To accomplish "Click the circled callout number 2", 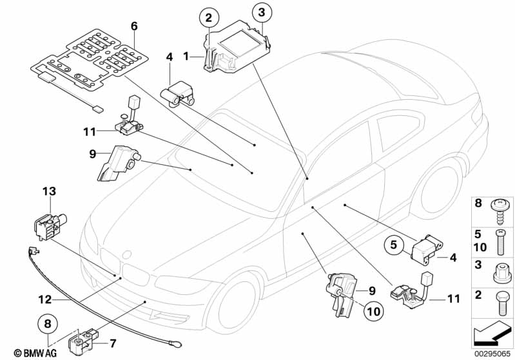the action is [209, 18].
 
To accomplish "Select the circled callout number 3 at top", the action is [262, 13].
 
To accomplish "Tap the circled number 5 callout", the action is [393, 245].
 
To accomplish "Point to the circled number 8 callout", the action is [48, 324].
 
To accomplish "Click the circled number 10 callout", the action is [374, 311].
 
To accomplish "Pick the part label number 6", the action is [134, 26].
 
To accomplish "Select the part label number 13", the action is [49, 191].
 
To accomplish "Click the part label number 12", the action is [45, 299].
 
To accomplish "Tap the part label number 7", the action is [113, 344].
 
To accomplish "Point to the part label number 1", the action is [186, 57].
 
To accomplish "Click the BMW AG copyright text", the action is [35, 353].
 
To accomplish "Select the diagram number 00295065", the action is [492, 354].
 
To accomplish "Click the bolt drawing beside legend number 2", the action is [501, 303].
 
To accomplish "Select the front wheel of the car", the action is [233, 302].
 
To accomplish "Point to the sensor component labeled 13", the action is [50, 227].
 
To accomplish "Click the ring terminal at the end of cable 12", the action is [175, 345].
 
